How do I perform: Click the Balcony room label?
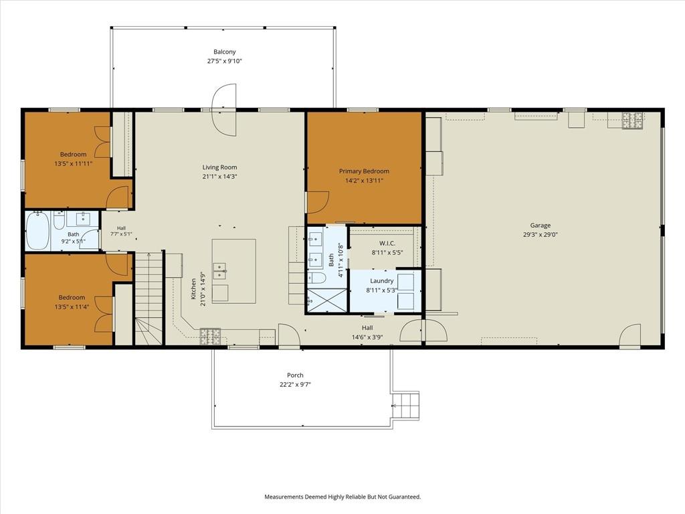click(225, 52)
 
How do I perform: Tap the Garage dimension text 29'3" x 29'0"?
click(541, 234)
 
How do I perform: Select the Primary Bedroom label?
click(364, 171)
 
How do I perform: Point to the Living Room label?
click(219, 167)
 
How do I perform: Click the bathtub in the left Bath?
click(38, 230)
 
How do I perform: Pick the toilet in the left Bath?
click(59, 220)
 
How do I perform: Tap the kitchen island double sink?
click(219, 270)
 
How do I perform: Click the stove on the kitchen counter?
click(211, 336)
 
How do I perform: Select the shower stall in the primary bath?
click(326, 301)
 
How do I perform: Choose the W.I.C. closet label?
click(387, 243)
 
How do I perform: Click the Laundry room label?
click(382, 280)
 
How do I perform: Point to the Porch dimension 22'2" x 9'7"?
click(295, 385)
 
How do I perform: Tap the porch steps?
click(406, 405)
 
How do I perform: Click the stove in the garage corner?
click(633, 120)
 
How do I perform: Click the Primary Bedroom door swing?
click(318, 202)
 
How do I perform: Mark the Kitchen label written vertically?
click(193, 289)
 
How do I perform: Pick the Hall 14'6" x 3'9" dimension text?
click(367, 337)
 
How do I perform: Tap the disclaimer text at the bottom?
click(342, 497)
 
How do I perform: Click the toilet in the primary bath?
click(316, 278)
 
